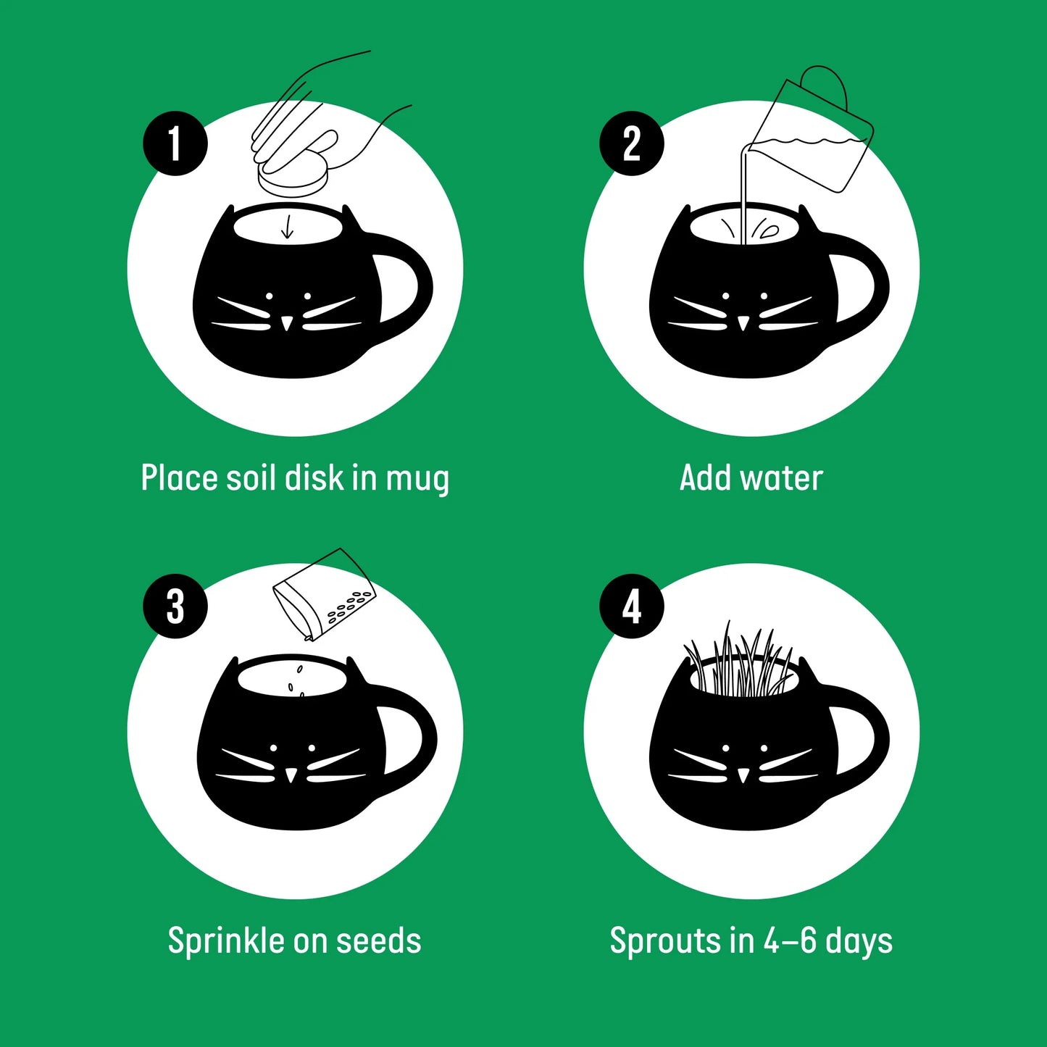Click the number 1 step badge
click(x=175, y=143)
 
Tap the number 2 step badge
click(x=631, y=143)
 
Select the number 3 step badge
click(x=175, y=606)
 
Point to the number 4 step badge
click(x=631, y=606)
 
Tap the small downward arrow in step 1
click(x=288, y=226)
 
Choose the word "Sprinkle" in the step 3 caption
click(x=226, y=941)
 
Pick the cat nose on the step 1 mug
click(x=287, y=322)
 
